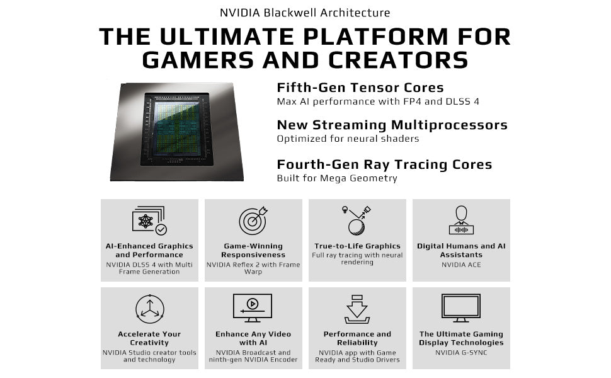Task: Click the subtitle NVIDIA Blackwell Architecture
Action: pyautogui.click(x=305, y=13)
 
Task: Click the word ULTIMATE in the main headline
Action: pyautogui.click(x=227, y=37)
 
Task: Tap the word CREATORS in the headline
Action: pyautogui.click(x=398, y=60)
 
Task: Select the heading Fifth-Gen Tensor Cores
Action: pyautogui.click(x=360, y=88)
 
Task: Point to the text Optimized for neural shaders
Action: pyautogui.click(x=348, y=139)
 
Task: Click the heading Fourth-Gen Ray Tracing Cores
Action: pyautogui.click(x=385, y=164)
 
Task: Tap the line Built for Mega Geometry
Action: pyautogui.click(x=337, y=178)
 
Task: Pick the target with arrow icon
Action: pyautogui.click(x=253, y=220)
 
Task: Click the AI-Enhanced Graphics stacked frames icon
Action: pyautogui.click(x=150, y=220)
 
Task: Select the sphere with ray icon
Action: pyautogui.click(x=357, y=220)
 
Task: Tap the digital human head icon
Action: pyautogui.click(x=461, y=220)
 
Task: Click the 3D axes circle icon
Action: pyautogui.click(x=150, y=309)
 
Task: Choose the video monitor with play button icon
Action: pyautogui.click(x=253, y=308)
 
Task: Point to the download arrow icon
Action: pyautogui.click(x=357, y=309)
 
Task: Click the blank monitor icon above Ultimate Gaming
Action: pyautogui.click(x=461, y=308)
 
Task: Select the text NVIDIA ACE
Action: pyautogui.click(x=461, y=265)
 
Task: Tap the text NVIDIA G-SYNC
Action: pyautogui.click(x=461, y=353)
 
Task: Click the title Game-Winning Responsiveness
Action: pyautogui.click(x=253, y=250)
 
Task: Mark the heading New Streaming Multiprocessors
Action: pyautogui.click(x=392, y=125)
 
